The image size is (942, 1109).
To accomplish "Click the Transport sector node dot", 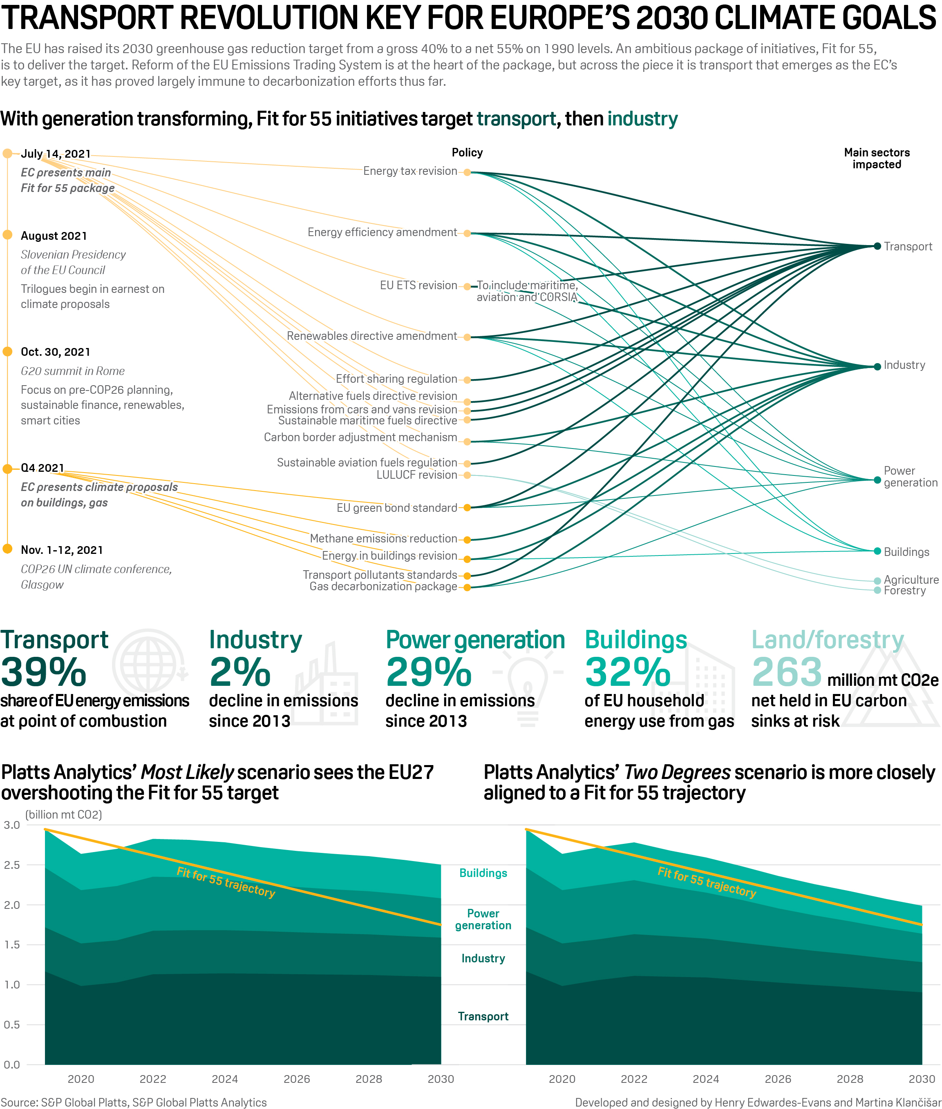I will click(x=877, y=246).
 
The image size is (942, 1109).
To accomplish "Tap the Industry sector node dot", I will click(x=877, y=367).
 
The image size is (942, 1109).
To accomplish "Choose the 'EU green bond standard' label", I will click(x=396, y=508).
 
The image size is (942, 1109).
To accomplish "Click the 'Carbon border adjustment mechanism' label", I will click(x=360, y=437).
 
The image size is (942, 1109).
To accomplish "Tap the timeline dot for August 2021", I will click(x=7, y=235).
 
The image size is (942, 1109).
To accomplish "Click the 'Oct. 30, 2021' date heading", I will click(x=56, y=352).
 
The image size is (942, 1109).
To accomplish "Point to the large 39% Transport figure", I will click(x=44, y=672).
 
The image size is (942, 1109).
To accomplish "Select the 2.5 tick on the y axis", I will click(x=12, y=865).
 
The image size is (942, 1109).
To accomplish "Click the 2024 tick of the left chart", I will click(x=225, y=1079).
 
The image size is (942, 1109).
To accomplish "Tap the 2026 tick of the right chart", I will click(x=778, y=1079).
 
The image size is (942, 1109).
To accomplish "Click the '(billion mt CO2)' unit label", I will click(x=63, y=815).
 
